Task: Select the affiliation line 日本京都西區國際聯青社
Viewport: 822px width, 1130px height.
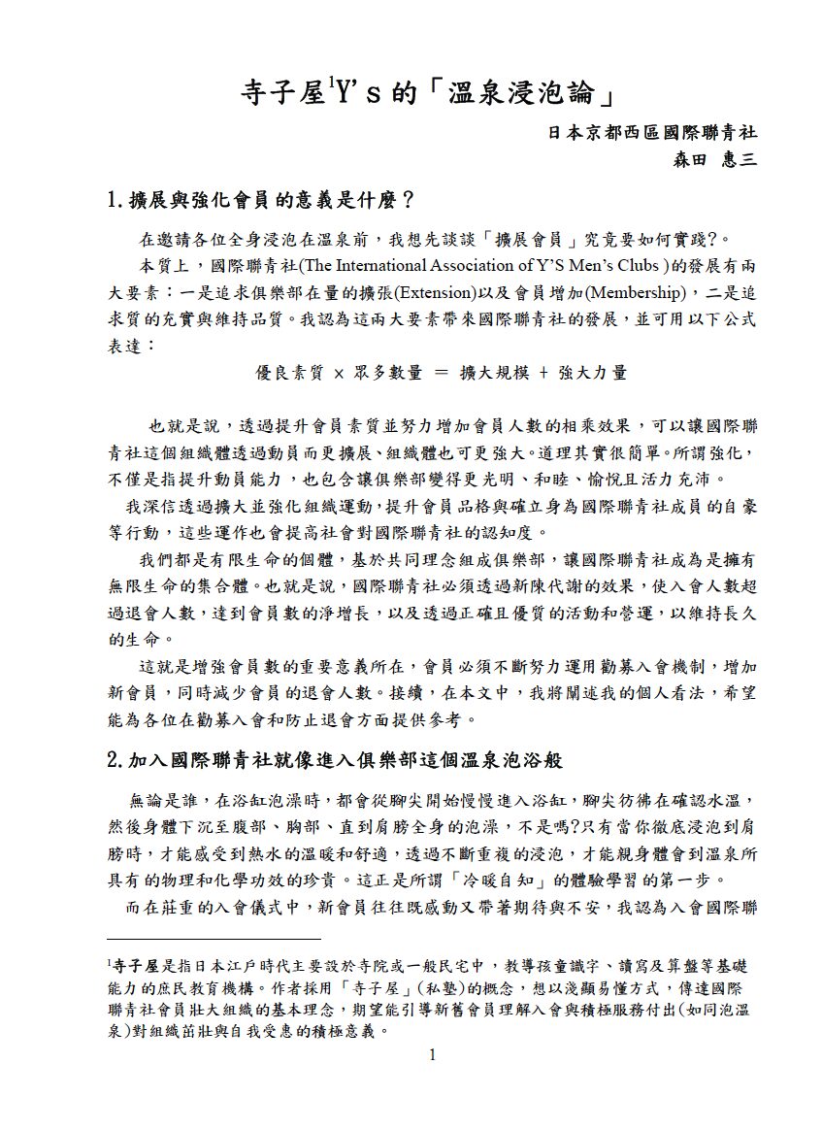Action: tap(653, 132)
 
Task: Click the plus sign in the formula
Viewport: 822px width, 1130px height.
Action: tap(543, 373)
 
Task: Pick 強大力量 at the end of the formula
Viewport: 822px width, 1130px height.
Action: tap(593, 373)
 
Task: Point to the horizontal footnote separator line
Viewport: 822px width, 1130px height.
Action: tap(214, 939)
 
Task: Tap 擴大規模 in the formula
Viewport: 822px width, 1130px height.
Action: tap(492, 373)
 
